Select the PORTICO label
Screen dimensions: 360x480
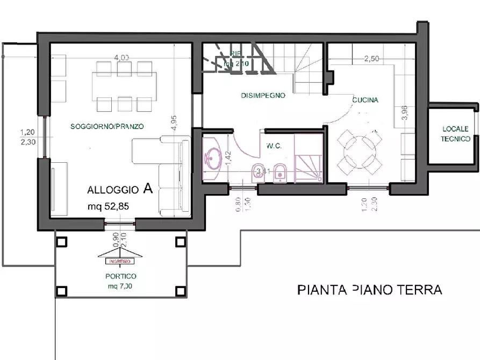120,276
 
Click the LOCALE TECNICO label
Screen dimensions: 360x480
455,133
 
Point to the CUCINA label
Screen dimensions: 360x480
365,100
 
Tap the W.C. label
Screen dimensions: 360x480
274,146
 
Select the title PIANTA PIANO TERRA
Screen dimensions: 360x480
369,290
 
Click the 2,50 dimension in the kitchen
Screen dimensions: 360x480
372,59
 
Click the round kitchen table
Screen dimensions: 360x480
359,151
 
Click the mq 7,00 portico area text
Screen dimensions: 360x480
120,286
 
